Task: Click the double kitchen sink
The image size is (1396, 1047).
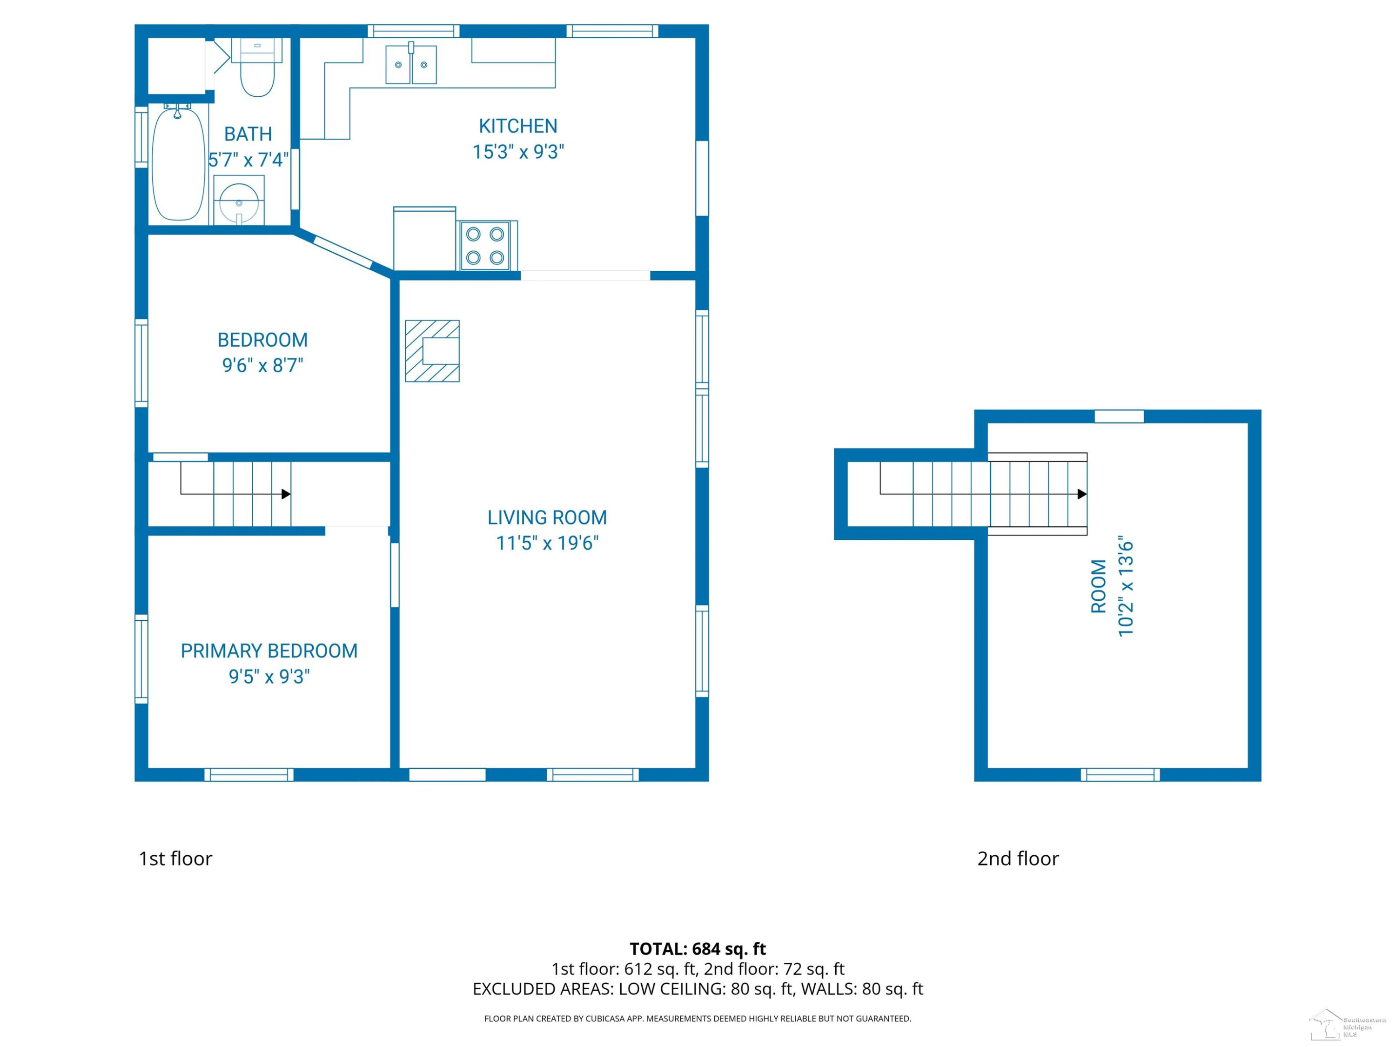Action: click(411, 64)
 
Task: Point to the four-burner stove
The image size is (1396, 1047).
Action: click(485, 246)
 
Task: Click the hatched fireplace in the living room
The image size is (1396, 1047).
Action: click(432, 351)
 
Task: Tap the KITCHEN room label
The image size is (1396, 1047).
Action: click(518, 126)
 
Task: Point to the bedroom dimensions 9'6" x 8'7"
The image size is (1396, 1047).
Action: click(262, 365)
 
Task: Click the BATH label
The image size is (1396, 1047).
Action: click(248, 134)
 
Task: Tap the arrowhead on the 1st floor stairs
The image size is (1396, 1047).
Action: click(286, 494)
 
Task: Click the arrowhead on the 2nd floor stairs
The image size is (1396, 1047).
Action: click(1082, 494)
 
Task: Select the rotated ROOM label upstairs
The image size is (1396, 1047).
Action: click(1099, 586)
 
